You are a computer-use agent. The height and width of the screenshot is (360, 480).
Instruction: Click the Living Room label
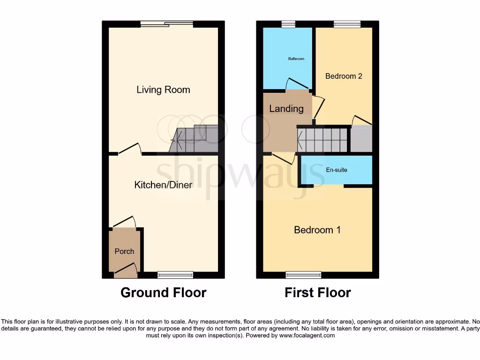[x=163, y=90]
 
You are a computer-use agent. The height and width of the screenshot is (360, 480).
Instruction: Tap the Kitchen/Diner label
[x=163, y=185]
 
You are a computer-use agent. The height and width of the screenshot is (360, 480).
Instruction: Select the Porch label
[x=124, y=251]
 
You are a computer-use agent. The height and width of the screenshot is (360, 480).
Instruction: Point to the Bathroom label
[x=296, y=59]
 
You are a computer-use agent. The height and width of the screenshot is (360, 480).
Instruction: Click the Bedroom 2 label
[x=344, y=76]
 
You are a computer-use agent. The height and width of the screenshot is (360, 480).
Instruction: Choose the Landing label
[x=286, y=109]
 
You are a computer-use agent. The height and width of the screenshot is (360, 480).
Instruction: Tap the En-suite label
[x=337, y=170]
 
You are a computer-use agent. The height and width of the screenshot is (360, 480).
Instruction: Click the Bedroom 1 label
[x=317, y=230]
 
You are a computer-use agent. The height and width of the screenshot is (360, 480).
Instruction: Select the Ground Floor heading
[x=163, y=292]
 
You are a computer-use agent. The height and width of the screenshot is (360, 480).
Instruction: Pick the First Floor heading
[x=317, y=292]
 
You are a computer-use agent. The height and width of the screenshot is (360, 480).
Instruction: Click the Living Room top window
[x=166, y=24]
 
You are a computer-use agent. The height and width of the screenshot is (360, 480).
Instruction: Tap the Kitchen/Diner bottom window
[x=175, y=275]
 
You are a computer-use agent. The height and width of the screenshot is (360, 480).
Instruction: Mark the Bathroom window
[x=288, y=24]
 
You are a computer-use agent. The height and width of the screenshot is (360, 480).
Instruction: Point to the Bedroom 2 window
[x=347, y=24]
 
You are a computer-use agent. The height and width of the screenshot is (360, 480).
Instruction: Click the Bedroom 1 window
[x=304, y=275]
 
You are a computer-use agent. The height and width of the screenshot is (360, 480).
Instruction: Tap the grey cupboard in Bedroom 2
[x=361, y=139]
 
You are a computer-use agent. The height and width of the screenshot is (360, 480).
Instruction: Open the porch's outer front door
[x=125, y=270]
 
